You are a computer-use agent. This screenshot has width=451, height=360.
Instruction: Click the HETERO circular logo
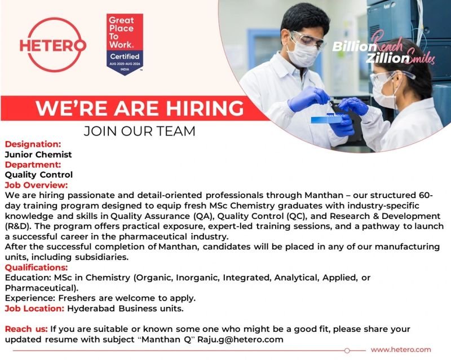53,44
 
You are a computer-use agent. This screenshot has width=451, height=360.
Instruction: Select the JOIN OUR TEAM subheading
139,131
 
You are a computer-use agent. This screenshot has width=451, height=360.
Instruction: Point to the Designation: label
33,144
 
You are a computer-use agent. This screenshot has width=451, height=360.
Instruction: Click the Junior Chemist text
38,154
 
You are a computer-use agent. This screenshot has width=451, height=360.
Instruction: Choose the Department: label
33,164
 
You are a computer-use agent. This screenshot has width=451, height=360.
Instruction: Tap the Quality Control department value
39,174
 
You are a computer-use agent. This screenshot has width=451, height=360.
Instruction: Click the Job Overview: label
36,185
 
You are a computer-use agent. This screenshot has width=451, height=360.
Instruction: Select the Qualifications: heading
36,267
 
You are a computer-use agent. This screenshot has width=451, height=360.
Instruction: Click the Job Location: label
35,308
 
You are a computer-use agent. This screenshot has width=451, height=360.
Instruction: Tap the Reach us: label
26,329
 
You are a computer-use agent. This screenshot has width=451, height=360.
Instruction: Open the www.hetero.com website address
401,350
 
